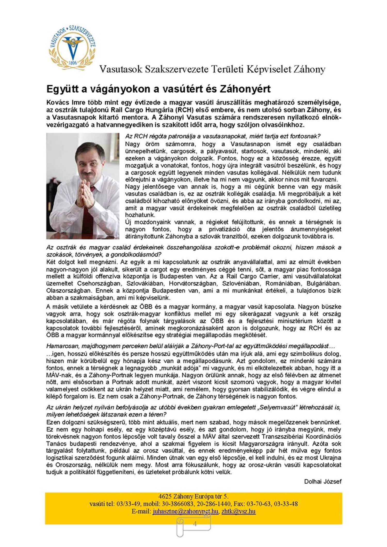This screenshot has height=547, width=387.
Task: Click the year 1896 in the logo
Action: coord(72,63)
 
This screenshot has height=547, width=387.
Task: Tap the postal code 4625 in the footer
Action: coord(164,497)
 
